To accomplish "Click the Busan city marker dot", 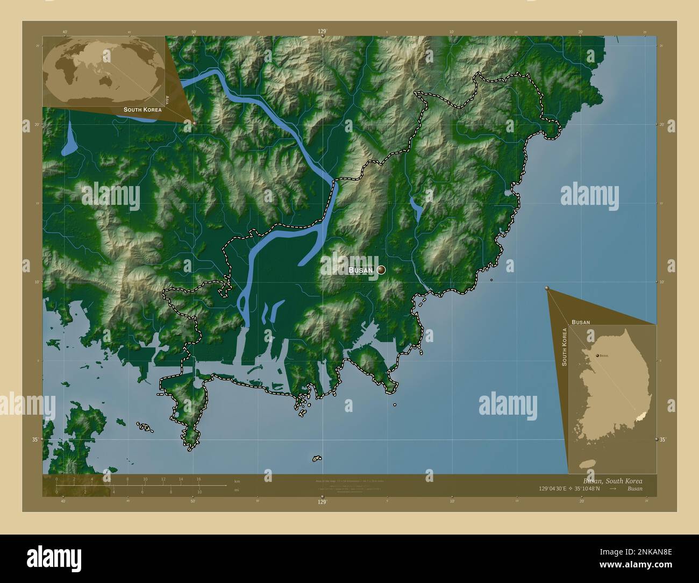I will tap(381, 270).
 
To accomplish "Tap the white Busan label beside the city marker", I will tap(360, 271).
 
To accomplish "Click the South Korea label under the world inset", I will tap(142, 110).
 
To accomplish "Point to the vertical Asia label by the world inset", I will tap(168, 99).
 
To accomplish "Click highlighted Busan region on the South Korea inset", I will tap(639, 415).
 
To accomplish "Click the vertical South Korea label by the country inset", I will tap(565, 347).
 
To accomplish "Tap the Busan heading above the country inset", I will tap(581, 322).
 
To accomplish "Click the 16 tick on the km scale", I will tap(198, 479).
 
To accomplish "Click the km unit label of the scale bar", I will tap(237, 480).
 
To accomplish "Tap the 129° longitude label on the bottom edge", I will tap(322, 502).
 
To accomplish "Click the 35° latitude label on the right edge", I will tap(662, 440).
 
